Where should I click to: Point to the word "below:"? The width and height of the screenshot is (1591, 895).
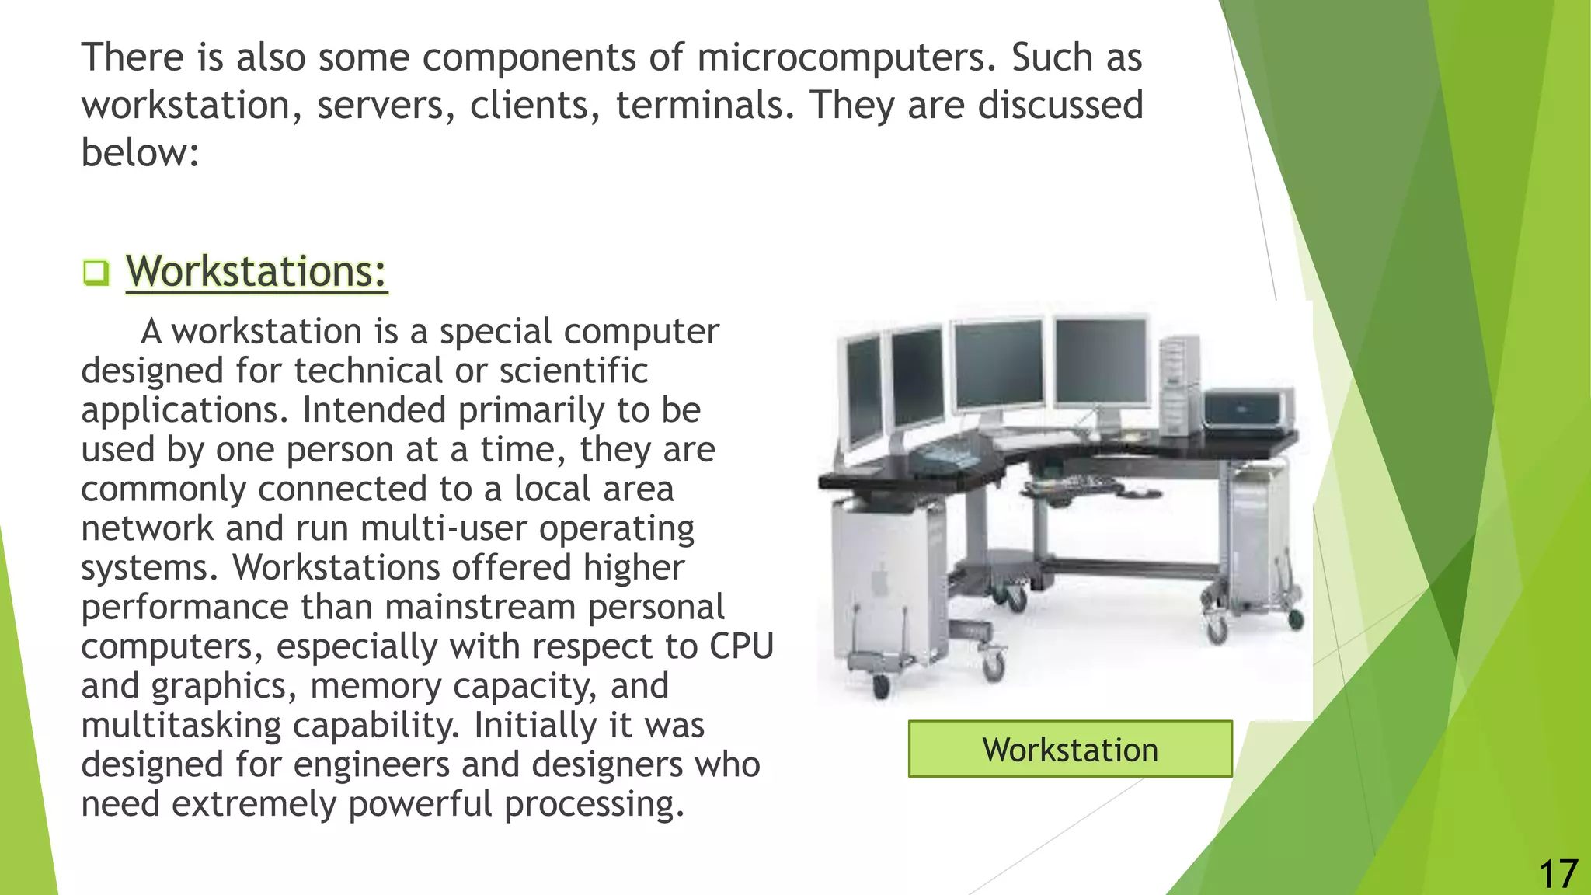click(x=141, y=152)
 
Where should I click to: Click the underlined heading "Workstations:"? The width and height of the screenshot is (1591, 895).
click(x=256, y=271)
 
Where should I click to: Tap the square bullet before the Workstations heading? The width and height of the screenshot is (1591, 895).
click(x=96, y=273)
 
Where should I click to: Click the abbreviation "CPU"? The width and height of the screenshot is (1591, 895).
click(x=741, y=646)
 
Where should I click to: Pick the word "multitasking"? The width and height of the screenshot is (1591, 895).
click(x=181, y=726)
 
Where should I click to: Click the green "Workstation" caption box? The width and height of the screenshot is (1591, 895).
click(x=1070, y=749)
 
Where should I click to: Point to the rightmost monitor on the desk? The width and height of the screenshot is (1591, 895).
click(x=1101, y=361)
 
